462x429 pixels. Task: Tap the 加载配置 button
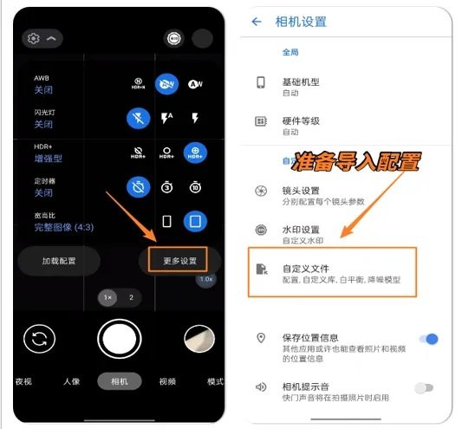pyautogui.click(x=60, y=261)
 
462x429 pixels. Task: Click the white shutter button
pyautogui.click(x=119, y=338)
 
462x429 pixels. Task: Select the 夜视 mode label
pyautogui.click(x=23, y=381)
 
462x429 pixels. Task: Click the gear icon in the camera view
pyautogui.click(x=34, y=39)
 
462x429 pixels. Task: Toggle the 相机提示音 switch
pyautogui.click(x=424, y=387)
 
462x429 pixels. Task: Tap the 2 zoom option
pyautogui.click(x=132, y=296)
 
